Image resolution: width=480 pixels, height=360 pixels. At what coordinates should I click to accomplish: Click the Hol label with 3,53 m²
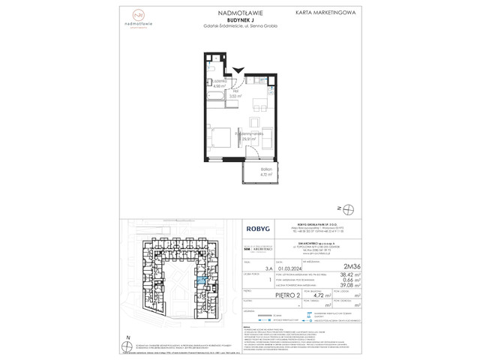234,94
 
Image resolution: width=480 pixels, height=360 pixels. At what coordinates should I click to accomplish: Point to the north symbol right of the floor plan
343,207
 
